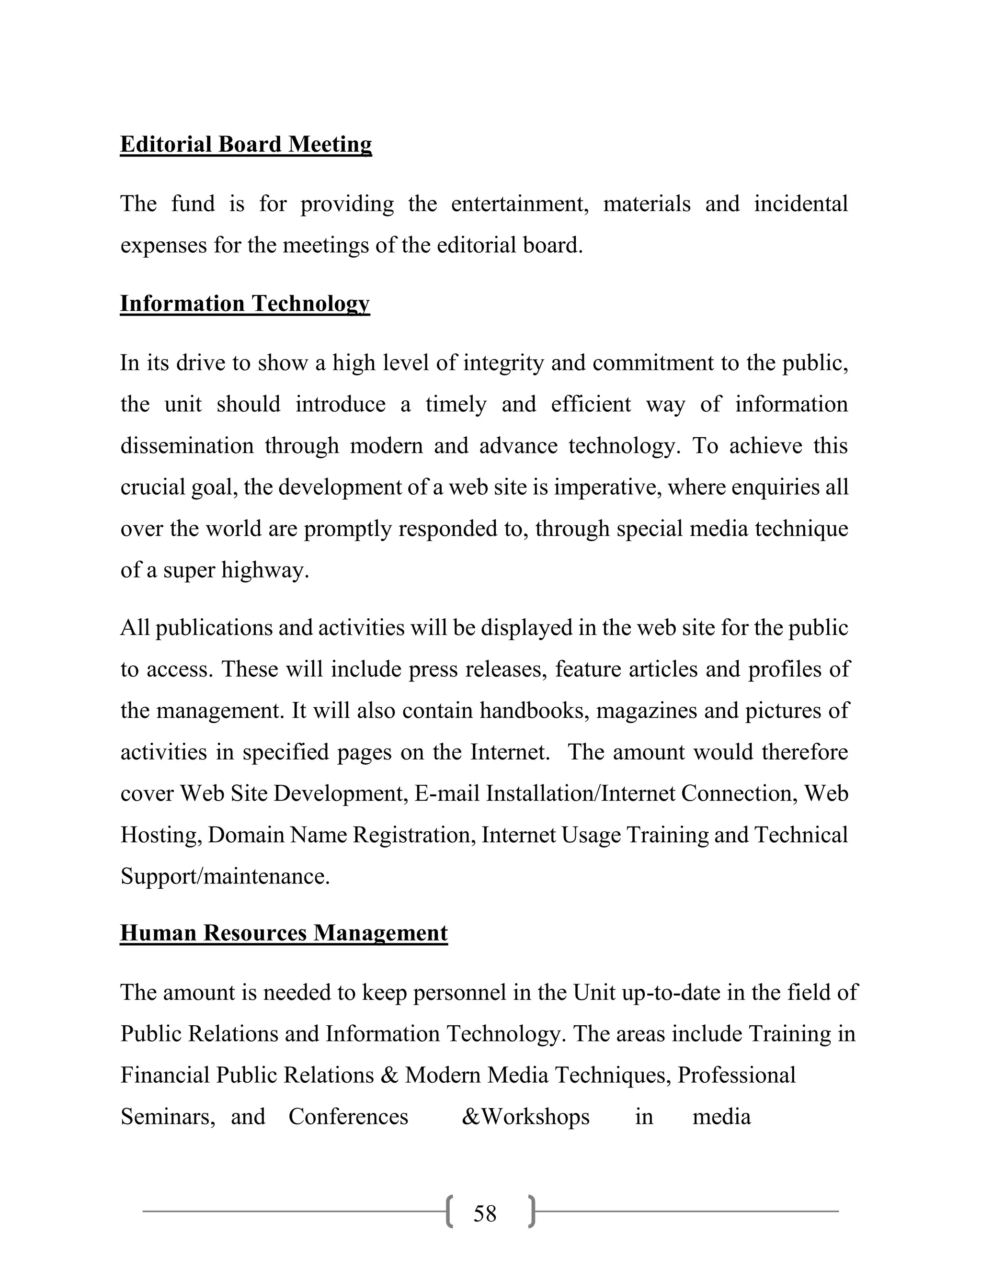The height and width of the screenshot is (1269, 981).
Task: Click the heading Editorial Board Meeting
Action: coord(245,144)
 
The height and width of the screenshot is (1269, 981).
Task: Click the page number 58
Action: coord(485,1214)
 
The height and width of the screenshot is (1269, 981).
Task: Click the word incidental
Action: coord(801,204)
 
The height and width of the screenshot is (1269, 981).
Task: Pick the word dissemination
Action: coord(186,446)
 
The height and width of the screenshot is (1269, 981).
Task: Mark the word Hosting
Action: coord(161,835)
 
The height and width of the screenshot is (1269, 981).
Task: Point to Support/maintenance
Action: coord(225,876)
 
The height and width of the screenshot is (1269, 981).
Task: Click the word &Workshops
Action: coord(525,1117)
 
